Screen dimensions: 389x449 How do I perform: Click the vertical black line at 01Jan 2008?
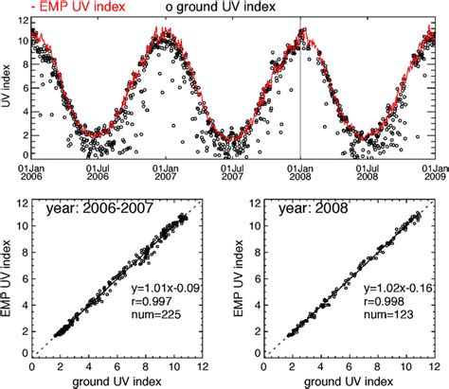(300, 95)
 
